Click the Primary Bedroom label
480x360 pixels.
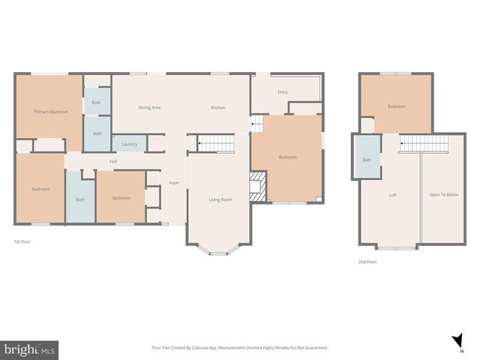coord(51,112)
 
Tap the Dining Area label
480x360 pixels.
coord(149,107)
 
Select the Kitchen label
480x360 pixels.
coord(217,107)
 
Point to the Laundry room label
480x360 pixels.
coord(129,144)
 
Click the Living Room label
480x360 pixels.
coord(220,199)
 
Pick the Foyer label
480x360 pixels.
coord(173,183)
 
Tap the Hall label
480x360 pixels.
coord(113,161)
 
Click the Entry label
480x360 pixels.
coord(283,92)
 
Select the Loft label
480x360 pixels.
coord(392,195)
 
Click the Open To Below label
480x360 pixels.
coord(443,195)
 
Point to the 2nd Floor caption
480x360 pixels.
coord(367,262)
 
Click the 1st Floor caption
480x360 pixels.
coord(22,241)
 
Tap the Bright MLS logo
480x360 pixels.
coord(30,349)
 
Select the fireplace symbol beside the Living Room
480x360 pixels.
coord(258,186)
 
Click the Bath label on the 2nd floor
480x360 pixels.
coord(367,160)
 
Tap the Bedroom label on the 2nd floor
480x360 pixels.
coord(396,106)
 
